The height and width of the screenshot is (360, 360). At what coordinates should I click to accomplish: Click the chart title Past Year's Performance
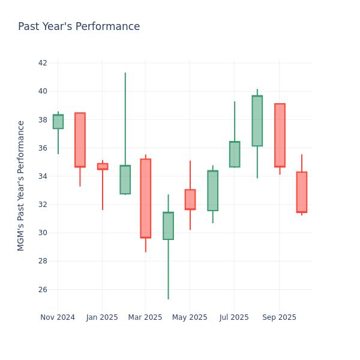tap(79, 27)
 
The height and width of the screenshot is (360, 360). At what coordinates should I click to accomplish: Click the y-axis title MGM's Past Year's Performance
tap(21, 185)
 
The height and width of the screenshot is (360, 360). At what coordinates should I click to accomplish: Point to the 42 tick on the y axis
tap(43, 63)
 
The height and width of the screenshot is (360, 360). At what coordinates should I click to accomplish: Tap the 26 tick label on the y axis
tap(43, 289)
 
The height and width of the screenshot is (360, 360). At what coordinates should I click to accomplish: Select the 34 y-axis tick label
tap(43, 176)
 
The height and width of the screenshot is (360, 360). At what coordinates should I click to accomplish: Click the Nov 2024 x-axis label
tap(58, 317)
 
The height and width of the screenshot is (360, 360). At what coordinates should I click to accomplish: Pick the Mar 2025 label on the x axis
tap(145, 317)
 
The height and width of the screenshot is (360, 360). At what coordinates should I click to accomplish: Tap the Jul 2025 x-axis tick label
tap(234, 317)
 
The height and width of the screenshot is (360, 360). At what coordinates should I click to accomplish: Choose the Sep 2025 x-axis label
tap(279, 317)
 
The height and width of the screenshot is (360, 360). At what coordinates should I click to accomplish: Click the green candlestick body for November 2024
tap(58, 122)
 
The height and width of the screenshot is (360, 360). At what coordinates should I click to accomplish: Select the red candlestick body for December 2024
tap(80, 140)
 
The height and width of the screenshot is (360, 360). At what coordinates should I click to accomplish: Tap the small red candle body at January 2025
tap(103, 166)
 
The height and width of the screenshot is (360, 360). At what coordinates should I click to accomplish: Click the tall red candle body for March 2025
tap(145, 198)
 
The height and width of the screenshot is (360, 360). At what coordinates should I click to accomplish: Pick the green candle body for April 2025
tap(168, 226)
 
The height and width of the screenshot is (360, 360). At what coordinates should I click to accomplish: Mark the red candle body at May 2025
tap(190, 199)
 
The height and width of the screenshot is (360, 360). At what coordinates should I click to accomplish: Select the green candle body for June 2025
tap(212, 191)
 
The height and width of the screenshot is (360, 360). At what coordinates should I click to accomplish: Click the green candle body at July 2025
tap(235, 154)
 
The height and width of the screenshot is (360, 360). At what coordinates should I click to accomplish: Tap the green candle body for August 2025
tap(257, 121)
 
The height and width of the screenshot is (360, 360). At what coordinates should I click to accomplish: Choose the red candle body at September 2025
tap(280, 135)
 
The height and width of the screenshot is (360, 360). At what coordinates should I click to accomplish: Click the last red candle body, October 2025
tap(301, 192)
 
